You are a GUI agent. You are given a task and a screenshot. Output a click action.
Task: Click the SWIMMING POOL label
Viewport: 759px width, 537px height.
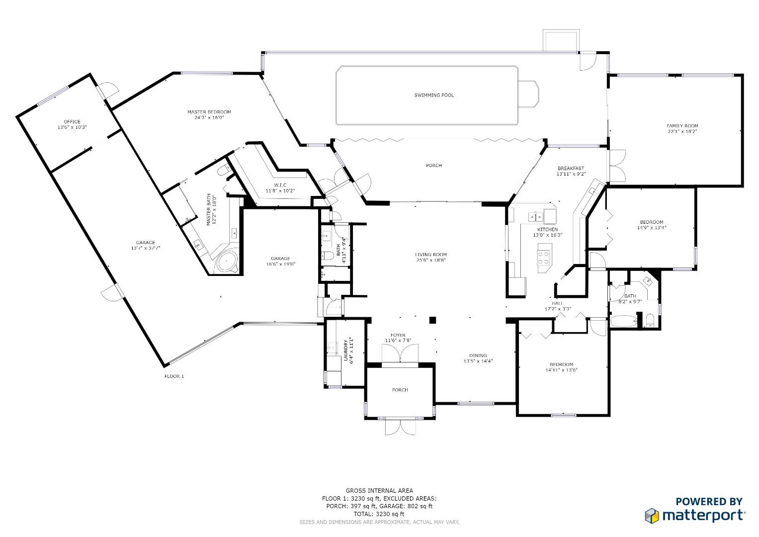pos(434,95)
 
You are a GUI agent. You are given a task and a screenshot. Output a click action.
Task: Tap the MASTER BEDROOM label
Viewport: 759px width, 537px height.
pos(209,112)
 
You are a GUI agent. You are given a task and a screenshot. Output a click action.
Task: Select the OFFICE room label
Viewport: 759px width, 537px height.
pos(72,121)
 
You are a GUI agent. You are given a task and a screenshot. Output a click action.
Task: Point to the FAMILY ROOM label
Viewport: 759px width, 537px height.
pos(682,126)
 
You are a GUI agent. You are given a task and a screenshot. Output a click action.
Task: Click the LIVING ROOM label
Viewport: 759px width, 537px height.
pos(430,255)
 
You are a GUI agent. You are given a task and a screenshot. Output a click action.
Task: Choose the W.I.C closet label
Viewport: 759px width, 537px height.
pos(280,185)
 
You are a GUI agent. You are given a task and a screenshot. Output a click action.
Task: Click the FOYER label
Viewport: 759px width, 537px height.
pos(398,335)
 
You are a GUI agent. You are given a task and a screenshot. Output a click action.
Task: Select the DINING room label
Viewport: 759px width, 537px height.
pos(478,356)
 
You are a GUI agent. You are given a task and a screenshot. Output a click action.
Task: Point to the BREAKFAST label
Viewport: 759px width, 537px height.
pos(571,168)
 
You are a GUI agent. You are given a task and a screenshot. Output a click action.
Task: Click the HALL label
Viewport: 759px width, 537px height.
pos(557,303)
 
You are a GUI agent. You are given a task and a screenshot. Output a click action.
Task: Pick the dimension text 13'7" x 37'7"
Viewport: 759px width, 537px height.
pos(145,248)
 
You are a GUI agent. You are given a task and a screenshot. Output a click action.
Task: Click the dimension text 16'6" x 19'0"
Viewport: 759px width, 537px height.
pos(280,264)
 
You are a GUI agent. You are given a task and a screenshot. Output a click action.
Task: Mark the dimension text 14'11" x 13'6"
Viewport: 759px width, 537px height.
pos(562,370)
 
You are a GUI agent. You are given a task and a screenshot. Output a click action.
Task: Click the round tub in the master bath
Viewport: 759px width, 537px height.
pos(227,262)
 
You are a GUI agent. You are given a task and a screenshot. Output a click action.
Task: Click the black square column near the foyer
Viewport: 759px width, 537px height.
pos(432,320)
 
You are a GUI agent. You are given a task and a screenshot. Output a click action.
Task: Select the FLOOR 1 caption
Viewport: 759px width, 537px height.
pos(174,376)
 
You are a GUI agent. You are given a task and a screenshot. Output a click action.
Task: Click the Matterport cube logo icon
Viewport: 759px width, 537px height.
pos(652,516)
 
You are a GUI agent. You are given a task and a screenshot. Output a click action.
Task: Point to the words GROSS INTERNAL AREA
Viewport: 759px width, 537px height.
pos(379,491)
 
